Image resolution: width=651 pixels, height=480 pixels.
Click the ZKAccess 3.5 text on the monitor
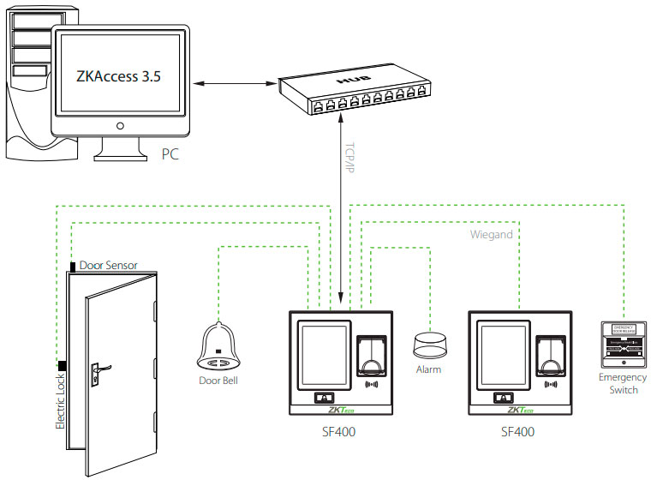click(x=119, y=76)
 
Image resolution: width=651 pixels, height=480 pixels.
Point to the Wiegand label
click(x=492, y=233)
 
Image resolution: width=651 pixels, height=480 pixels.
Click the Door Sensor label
click(x=108, y=266)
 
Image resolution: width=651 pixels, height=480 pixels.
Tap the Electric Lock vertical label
click(x=60, y=399)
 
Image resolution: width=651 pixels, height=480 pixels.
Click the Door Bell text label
click(x=221, y=379)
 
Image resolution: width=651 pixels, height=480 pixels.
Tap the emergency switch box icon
click(x=623, y=344)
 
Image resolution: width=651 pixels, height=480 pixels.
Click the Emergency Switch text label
click(x=623, y=383)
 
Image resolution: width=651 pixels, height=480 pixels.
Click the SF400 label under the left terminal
click(x=338, y=432)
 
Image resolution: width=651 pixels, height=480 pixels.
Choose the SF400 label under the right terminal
click(x=517, y=432)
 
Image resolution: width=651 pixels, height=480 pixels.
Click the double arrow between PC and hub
click(x=231, y=84)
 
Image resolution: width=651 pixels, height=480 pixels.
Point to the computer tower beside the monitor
click(x=26, y=86)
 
